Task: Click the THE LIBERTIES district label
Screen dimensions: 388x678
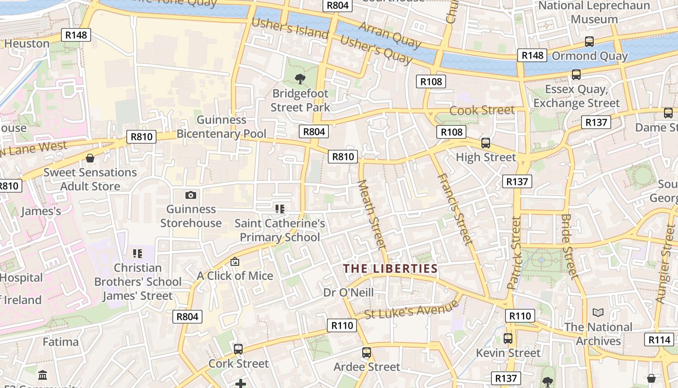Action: point(390,269)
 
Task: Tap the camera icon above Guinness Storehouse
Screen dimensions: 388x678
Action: point(191,195)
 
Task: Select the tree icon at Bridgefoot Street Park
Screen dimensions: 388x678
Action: point(300,79)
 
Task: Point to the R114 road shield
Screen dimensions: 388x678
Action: point(659,339)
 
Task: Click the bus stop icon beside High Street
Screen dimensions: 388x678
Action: point(486,143)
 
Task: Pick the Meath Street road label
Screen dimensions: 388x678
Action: point(372,215)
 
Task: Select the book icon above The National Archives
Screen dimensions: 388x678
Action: point(598,313)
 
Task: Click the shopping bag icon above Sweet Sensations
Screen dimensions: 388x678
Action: point(90,158)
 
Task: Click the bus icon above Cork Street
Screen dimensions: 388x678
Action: point(238,349)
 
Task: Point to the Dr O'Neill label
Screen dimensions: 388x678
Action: point(348,292)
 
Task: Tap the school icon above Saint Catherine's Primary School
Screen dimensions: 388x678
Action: point(279,209)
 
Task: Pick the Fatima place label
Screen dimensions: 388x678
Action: point(61,342)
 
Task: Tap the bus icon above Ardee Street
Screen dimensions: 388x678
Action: point(367,353)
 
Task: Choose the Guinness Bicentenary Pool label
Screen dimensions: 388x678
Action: point(221,127)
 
